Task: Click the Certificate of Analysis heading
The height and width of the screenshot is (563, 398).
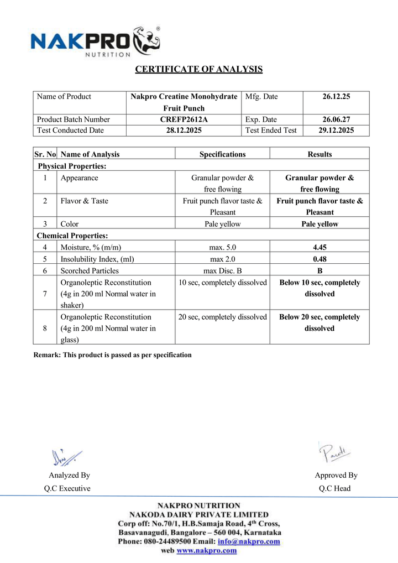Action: (199, 69)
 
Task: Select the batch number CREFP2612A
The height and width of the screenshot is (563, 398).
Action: (184, 119)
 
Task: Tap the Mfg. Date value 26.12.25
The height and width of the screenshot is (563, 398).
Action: (336, 97)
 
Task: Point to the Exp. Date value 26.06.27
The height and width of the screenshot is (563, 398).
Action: (336, 119)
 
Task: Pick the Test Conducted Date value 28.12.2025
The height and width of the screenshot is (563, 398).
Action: (184, 131)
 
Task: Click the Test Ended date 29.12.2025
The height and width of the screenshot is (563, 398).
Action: (336, 131)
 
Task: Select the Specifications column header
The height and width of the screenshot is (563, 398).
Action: (222, 154)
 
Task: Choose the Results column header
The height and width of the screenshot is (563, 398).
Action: (320, 154)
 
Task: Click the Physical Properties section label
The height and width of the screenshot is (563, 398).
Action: (72, 166)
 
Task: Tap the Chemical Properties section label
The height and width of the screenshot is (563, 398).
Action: (73, 236)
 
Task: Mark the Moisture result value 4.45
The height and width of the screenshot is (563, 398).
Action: (320, 247)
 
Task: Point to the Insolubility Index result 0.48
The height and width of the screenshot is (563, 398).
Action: (320, 259)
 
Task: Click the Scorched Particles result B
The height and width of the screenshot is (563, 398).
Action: (320, 270)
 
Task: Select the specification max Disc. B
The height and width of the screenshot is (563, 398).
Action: (222, 270)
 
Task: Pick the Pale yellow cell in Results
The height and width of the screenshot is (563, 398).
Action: (320, 224)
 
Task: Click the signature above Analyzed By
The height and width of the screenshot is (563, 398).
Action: (66, 456)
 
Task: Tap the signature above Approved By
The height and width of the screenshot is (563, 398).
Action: (335, 453)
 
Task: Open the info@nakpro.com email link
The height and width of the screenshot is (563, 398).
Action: (249, 541)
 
